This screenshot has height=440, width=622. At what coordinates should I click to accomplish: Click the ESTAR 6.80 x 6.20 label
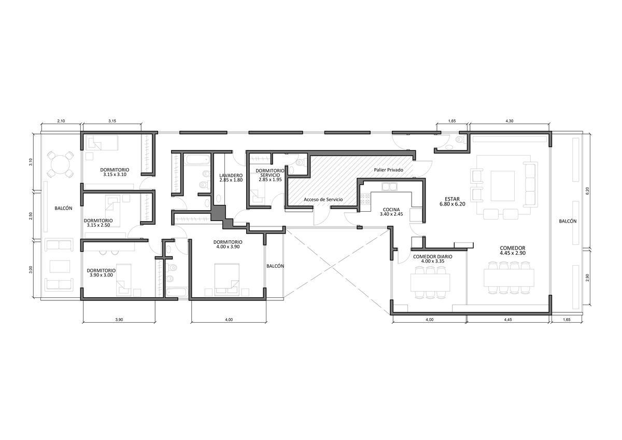click(452, 201)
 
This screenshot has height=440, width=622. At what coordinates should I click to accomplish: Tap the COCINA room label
click(391, 212)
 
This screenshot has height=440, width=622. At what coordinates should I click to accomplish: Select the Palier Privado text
click(388, 170)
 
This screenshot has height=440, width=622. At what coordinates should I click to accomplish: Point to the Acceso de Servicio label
click(323, 200)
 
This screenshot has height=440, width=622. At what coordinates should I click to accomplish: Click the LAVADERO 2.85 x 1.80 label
click(231, 177)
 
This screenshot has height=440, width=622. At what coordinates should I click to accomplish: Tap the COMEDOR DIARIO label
click(433, 259)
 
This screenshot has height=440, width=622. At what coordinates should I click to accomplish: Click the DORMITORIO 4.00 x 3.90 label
click(228, 244)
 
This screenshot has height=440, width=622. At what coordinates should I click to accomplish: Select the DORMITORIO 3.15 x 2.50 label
click(98, 223)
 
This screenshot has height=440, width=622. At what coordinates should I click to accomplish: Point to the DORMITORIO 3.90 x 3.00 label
click(101, 273)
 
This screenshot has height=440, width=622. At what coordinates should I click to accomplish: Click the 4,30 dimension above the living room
click(510, 121)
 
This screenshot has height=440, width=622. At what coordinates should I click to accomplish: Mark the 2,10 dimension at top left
click(61, 121)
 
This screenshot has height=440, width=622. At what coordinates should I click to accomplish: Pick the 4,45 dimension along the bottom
click(508, 320)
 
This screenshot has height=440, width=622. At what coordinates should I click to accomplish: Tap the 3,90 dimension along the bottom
click(119, 320)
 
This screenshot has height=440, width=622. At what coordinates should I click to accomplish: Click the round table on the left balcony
click(61, 164)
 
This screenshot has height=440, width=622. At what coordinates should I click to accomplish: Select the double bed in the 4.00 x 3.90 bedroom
click(227, 280)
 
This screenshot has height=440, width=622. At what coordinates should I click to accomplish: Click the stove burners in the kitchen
click(365, 199)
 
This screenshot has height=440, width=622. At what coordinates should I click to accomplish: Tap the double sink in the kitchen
click(389, 186)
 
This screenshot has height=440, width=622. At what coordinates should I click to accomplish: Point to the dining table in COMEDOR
click(509, 278)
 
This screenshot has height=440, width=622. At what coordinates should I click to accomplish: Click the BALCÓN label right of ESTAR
click(568, 221)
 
